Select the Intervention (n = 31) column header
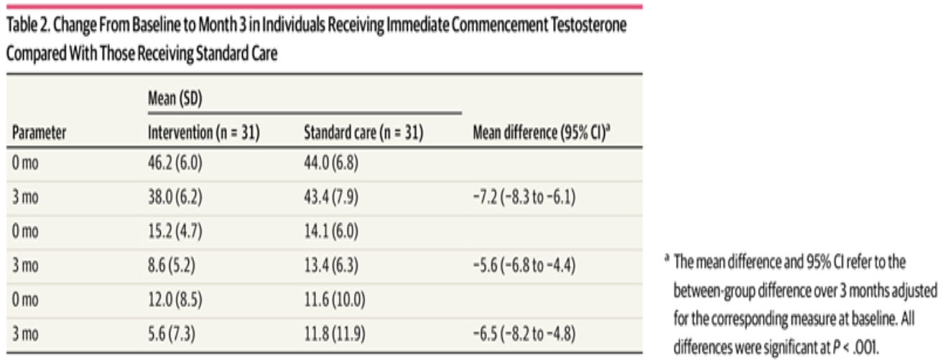(203, 133)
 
